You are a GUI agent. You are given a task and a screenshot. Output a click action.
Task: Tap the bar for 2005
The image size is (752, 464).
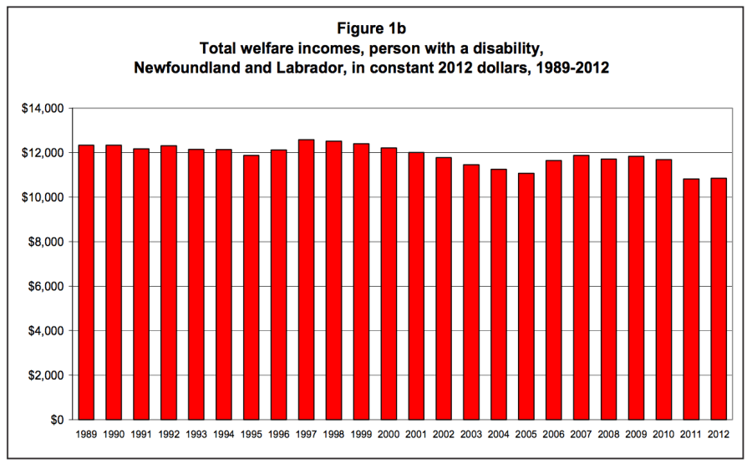pyautogui.click(x=526, y=297)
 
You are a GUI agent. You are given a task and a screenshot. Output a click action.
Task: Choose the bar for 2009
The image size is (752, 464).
pyautogui.click(x=636, y=288)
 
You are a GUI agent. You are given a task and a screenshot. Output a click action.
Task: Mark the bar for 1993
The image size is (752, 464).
pyautogui.click(x=196, y=284)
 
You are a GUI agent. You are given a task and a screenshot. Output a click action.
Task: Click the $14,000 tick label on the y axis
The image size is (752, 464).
pyautogui.click(x=43, y=109)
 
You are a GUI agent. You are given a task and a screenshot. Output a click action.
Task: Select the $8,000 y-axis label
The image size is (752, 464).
pyautogui.click(x=47, y=242)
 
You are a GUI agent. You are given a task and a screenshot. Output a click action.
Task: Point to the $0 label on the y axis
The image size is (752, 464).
pyautogui.click(x=56, y=420)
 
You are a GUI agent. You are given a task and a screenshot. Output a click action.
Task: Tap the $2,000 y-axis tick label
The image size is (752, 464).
pyautogui.click(x=47, y=375)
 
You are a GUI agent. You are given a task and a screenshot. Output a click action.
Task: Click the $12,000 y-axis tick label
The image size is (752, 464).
pyautogui.click(x=43, y=153)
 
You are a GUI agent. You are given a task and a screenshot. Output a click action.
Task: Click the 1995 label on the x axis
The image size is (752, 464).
pyautogui.click(x=251, y=436)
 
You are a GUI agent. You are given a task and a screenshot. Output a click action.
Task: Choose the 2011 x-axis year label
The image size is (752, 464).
pyautogui.click(x=690, y=436)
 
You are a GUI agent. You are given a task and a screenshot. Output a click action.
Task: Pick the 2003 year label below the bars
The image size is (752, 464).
pyautogui.click(x=470, y=436)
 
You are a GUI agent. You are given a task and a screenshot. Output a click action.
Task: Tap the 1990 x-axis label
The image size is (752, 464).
pyautogui.click(x=114, y=436)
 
